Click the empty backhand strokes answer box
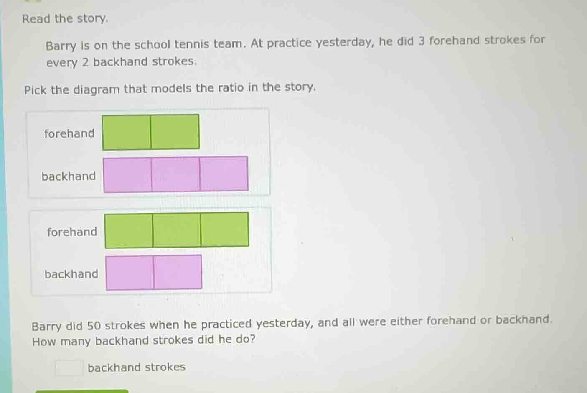(x=69, y=367)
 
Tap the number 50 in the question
(x=94, y=326)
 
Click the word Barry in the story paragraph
(x=61, y=46)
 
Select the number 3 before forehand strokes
(x=422, y=41)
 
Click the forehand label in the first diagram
(x=69, y=133)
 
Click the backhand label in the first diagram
(x=69, y=176)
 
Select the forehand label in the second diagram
(x=72, y=232)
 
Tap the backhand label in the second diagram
(x=71, y=274)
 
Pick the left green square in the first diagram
(x=127, y=133)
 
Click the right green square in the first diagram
(x=175, y=132)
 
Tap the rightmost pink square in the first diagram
(x=224, y=174)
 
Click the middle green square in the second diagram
(x=177, y=230)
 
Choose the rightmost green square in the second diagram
(x=225, y=230)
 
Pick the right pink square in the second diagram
(x=178, y=272)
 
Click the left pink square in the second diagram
(x=130, y=273)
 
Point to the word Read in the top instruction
(x=36, y=19)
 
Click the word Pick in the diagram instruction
(x=35, y=90)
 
